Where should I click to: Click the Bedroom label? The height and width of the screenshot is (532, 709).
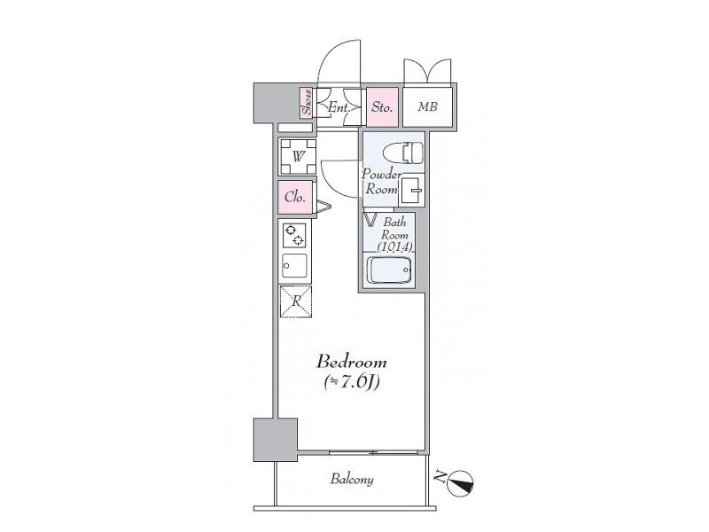coord(351,363)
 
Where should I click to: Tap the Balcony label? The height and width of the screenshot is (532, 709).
coord(352,479)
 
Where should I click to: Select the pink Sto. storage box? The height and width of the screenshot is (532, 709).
coord(382,106)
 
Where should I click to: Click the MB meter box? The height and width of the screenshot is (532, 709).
coord(427,106)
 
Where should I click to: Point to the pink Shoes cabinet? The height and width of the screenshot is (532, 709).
coord(307,102)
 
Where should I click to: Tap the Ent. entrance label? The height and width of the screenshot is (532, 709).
coord(339,107)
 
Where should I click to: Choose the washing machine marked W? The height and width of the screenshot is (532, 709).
coord(298,157)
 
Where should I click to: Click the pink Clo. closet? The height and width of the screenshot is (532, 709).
coord(295,197)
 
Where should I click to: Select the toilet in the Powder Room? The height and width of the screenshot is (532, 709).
coord(403,153)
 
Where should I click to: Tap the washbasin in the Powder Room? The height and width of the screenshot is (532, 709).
coord(411,190)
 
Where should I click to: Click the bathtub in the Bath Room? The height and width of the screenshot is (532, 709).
coord(389,270)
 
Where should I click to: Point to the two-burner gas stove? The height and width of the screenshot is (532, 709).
coord(294,235)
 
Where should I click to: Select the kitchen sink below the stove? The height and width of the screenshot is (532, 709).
coord(295,266)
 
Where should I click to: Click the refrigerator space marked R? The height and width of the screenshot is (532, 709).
coord(296,301)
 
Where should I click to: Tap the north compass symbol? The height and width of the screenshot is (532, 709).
coord(460,483)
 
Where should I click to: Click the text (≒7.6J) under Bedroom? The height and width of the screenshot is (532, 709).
coord(351,383)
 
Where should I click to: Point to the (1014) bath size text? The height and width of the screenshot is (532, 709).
coord(394,247)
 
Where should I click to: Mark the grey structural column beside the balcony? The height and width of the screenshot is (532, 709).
coord(276,440)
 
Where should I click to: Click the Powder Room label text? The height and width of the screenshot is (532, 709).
coord(381,182)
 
